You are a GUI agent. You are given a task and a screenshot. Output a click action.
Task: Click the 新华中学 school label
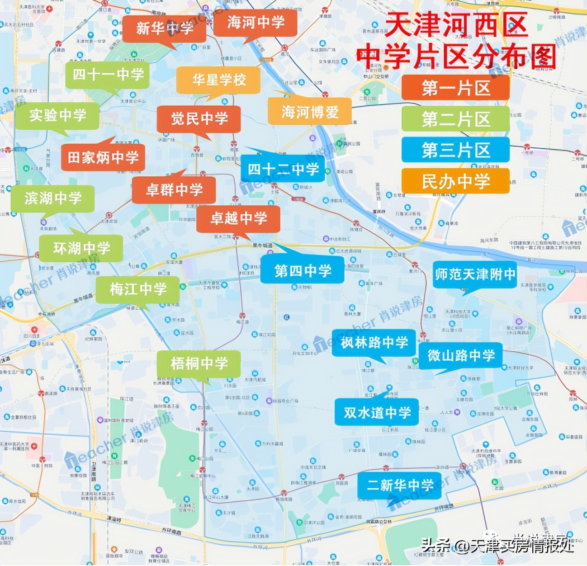tap(164, 28)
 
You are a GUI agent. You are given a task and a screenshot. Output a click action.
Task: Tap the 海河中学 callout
tap(256, 22)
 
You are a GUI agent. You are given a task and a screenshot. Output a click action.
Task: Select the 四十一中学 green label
tap(108, 75)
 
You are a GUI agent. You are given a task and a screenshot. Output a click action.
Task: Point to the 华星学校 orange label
tap(219, 80)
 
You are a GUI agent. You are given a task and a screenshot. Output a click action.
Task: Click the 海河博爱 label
tap(310, 112)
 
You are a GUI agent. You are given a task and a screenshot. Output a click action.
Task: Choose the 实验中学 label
tap(57, 115)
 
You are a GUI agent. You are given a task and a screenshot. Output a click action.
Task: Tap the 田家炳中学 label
tap(103, 157)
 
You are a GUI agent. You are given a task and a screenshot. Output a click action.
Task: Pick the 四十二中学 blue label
tap(283, 170)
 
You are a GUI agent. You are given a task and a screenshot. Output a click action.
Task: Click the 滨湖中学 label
tap(53, 198)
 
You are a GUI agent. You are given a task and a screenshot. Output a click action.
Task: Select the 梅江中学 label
tap(138, 289)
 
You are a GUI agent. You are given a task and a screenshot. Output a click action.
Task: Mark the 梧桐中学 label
tap(199, 363)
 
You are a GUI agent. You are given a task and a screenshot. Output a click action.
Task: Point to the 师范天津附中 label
tap(475, 274)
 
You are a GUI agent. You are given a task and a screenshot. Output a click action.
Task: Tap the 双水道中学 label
tap(377, 412)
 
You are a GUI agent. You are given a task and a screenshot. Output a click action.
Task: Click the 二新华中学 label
tap(400, 486)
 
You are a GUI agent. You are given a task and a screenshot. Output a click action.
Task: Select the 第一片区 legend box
tap(455, 88)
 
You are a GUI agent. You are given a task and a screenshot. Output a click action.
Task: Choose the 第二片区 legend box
tap(455, 119)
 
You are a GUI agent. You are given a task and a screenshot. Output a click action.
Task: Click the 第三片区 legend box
tap(455, 150)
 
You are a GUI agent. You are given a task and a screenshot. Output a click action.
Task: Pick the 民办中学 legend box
tap(455, 181)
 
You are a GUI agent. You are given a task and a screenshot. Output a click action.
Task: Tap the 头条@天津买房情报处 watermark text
tap(497, 545)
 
